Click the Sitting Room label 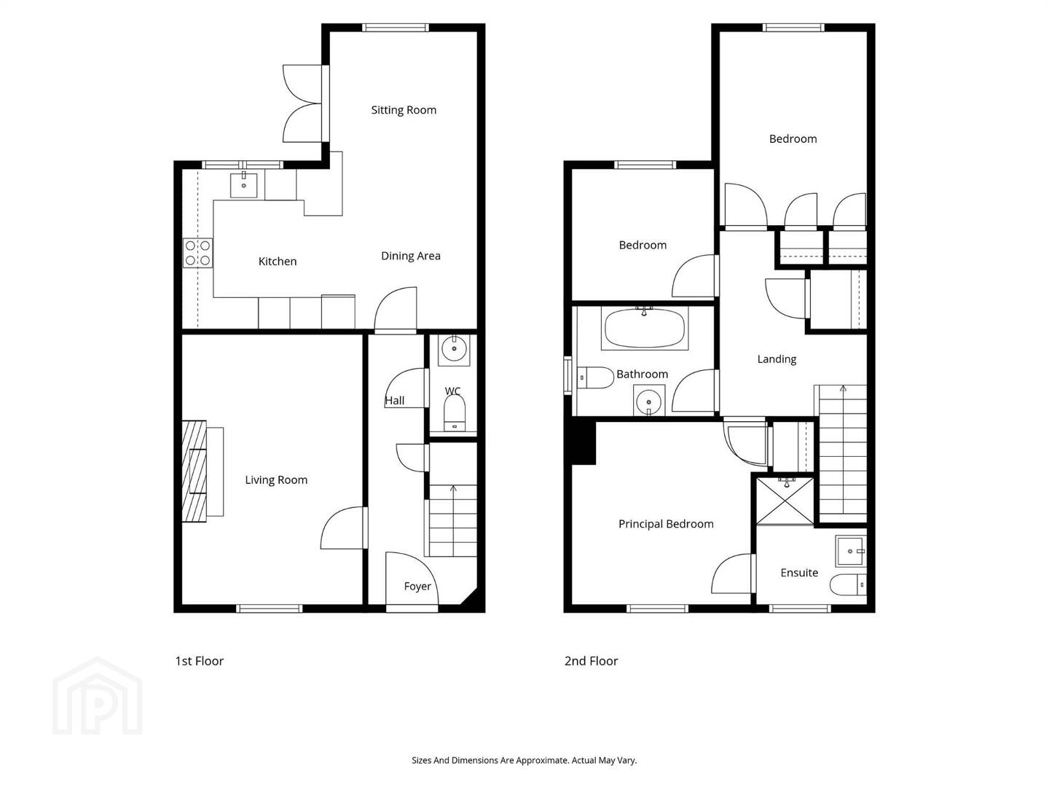(x=404, y=110)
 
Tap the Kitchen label (x=278, y=262)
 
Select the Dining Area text (x=411, y=256)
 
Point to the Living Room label (x=276, y=479)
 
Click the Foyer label (x=417, y=587)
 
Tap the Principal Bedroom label (x=666, y=524)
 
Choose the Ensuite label (x=799, y=573)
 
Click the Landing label (x=777, y=359)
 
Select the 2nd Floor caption (x=592, y=661)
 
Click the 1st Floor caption (x=200, y=661)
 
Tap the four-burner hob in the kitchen (x=198, y=254)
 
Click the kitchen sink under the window (x=244, y=185)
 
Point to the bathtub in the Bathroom (x=644, y=329)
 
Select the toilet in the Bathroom (x=595, y=378)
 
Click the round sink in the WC (x=454, y=349)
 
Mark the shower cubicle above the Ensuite (x=785, y=501)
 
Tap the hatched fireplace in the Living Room (x=195, y=471)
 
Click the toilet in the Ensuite (x=848, y=585)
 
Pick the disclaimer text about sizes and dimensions (x=524, y=760)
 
